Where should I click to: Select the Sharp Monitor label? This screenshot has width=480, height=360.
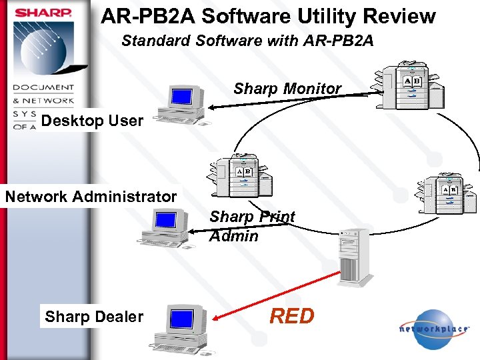tap(287, 88)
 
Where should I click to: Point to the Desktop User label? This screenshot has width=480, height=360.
tap(92, 121)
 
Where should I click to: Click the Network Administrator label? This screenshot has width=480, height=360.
tap(91, 197)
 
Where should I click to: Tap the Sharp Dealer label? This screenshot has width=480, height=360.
tap(94, 316)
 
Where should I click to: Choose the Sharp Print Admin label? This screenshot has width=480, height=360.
tap(251, 226)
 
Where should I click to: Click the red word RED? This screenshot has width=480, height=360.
tap(291, 316)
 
